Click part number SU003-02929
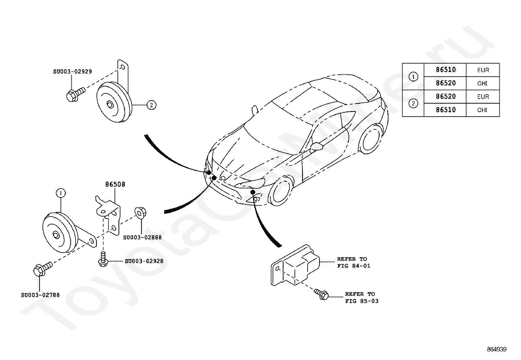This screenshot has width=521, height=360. [72, 71]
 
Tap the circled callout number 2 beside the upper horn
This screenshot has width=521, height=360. [152, 105]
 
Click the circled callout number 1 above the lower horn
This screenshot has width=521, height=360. [61, 193]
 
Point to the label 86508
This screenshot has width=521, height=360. [115, 184]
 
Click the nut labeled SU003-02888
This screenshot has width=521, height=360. [140, 213]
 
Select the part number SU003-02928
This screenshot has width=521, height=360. [144, 261]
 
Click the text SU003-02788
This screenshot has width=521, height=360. [40, 295]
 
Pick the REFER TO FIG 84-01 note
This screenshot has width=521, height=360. [353, 262]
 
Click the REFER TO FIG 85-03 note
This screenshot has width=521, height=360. [362, 297]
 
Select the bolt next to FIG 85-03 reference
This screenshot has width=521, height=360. [321, 294]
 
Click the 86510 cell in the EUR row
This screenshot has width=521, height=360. [446, 70]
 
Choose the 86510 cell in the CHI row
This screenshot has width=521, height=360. [446, 110]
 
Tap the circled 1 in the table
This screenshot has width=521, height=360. [413, 77]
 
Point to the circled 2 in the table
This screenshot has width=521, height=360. [413, 104]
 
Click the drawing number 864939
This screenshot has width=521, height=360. [496, 349]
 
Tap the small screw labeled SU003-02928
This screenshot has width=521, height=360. [103, 259]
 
